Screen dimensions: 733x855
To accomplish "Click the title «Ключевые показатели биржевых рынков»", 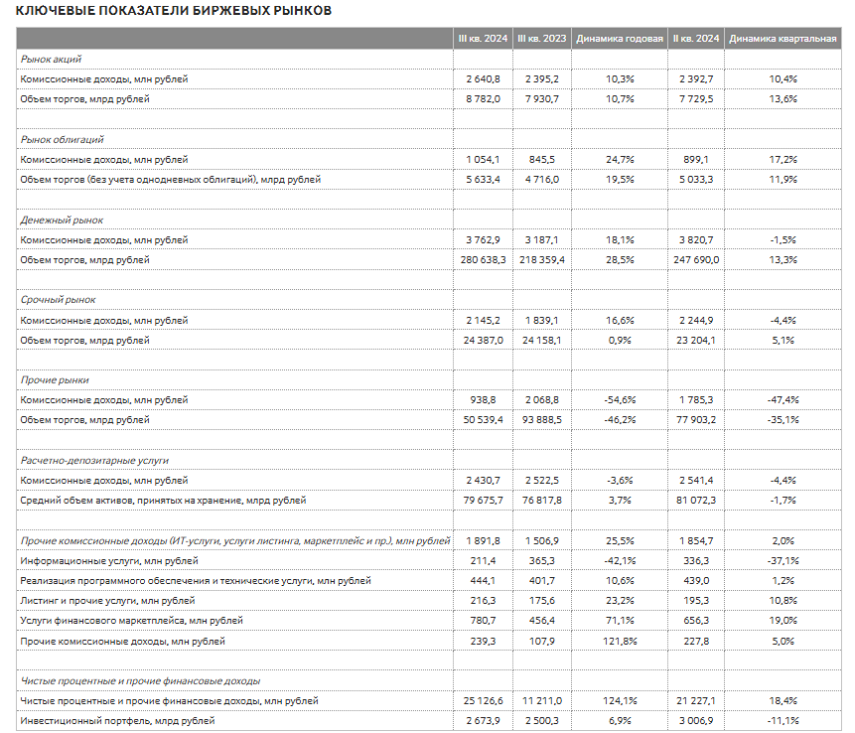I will tap(168, 10).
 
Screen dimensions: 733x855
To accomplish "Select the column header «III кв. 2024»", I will tap(483, 38).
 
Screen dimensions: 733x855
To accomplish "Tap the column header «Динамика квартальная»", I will tap(783, 38).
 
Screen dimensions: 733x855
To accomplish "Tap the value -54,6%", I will tap(619, 400).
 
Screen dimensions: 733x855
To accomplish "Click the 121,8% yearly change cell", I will tap(619, 642).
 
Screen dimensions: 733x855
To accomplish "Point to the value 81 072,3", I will tap(694, 501).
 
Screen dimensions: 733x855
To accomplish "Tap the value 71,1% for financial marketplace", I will tap(619, 621).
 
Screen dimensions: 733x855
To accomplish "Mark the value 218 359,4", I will tap(540, 260).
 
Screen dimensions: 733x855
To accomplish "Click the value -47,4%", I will tap(783, 400).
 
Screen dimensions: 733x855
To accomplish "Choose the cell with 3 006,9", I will tap(696, 721).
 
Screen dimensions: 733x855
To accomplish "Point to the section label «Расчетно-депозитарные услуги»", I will tap(95, 461).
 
